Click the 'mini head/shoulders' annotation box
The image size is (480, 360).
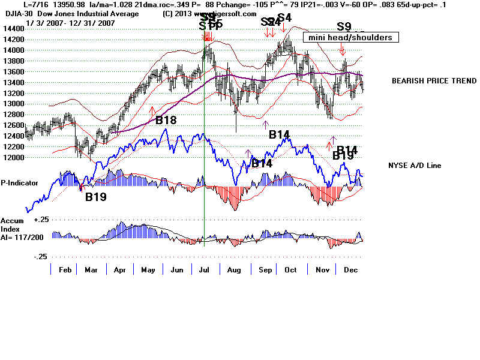(350, 37)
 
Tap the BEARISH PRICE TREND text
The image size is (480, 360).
(434, 81)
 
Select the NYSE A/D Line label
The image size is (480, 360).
(415, 165)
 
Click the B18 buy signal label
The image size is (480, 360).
(166, 120)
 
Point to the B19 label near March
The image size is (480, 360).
(95, 196)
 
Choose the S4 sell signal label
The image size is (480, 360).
(284, 17)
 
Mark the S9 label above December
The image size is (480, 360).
(344, 26)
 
